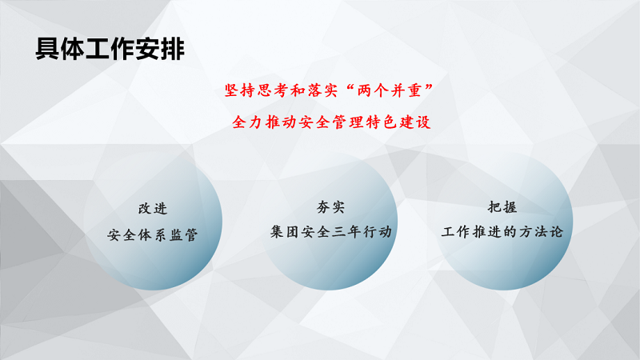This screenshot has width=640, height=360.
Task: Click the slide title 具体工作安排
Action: pos(110,49)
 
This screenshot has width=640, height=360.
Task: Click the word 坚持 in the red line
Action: pos(239,90)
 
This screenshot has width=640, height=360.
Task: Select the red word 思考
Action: pos(273,90)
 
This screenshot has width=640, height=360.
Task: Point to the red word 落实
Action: pos(323,90)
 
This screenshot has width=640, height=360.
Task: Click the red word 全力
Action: pos(247,122)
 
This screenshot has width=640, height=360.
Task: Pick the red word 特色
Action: pos(382,122)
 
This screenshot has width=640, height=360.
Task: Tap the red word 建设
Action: pos(414,122)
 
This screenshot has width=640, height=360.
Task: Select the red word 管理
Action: pos(348,122)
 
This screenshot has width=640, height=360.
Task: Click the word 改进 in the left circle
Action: pos(153,209)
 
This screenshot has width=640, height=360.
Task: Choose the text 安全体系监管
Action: pos(153,234)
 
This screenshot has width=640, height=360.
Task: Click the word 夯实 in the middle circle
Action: pos(330,207)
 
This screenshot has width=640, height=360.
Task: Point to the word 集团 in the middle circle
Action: pos(285,232)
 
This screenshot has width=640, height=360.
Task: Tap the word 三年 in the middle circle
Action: pos(346,232)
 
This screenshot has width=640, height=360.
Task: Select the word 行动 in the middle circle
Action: pos(377,232)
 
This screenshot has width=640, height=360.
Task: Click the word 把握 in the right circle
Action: pos(502,207)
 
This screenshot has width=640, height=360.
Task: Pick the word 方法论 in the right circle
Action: pos(541,232)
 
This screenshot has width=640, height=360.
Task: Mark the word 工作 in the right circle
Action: pos(456,232)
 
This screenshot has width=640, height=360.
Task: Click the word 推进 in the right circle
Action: pos(487,232)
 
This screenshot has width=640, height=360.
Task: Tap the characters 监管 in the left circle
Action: pos(184,234)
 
